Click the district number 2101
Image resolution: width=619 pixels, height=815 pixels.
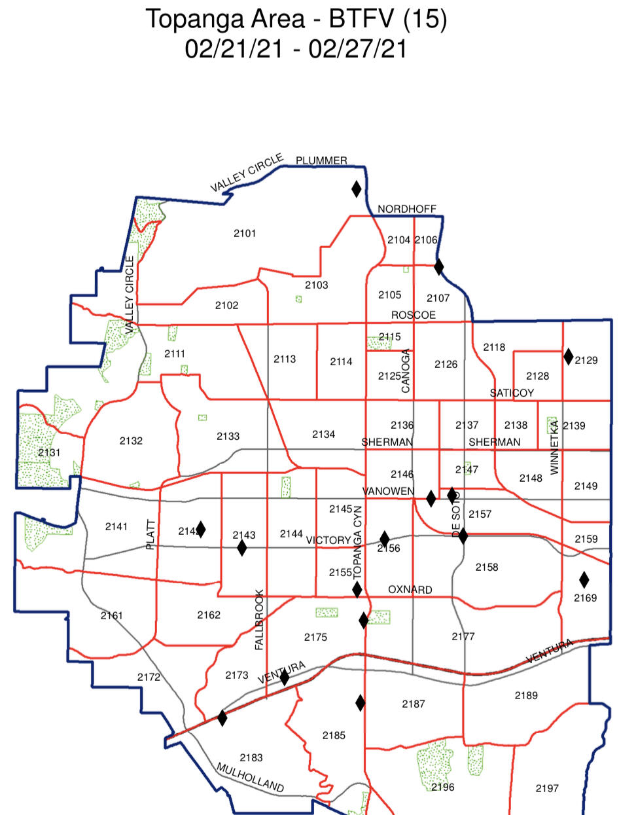[x=245, y=234]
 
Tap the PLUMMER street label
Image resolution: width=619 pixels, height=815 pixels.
[x=321, y=160]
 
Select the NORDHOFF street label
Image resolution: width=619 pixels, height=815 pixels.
[x=407, y=209]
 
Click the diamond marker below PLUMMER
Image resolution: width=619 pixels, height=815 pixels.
[x=357, y=189]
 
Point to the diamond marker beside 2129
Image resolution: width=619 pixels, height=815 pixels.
[x=569, y=356]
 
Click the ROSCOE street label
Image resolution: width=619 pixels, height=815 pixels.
[x=414, y=315]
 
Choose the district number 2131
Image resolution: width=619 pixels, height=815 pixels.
[x=49, y=452]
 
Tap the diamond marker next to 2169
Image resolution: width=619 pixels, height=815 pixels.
[x=584, y=579]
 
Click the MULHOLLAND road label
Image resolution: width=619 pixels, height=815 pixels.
[x=251, y=778]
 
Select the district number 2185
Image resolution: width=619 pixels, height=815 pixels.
[x=334, y=735]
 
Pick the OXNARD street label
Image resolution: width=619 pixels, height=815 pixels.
[x=410, y=590]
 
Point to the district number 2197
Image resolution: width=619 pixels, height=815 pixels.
[x=547, y=788]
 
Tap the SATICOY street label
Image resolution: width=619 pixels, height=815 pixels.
[x=512, y=393]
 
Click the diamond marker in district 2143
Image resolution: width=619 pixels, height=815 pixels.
[x=242, y=547]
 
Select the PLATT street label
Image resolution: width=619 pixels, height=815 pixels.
[x=150, y=534]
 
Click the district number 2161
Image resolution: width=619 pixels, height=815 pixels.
[x=112, y=615]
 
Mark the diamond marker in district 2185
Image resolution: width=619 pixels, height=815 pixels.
[x=361, y=703]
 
